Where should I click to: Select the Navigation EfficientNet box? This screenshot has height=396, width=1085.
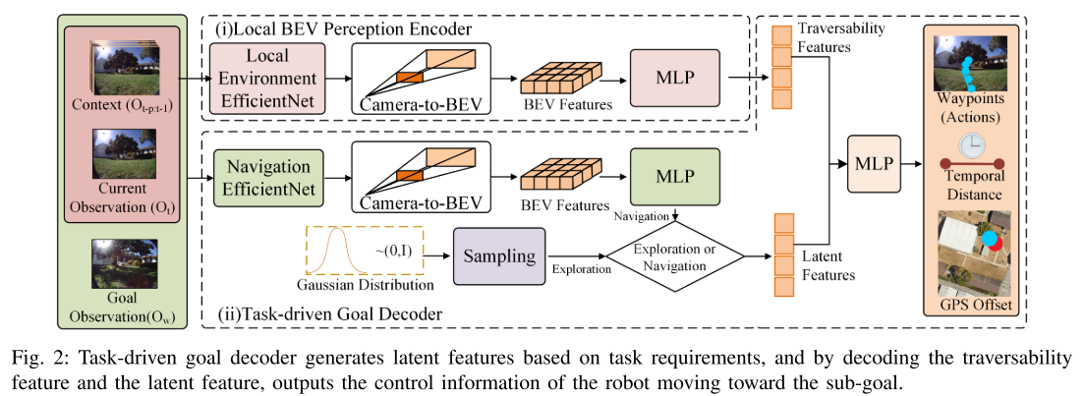point(260,177)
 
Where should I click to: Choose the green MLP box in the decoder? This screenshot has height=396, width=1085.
point(674,177)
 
